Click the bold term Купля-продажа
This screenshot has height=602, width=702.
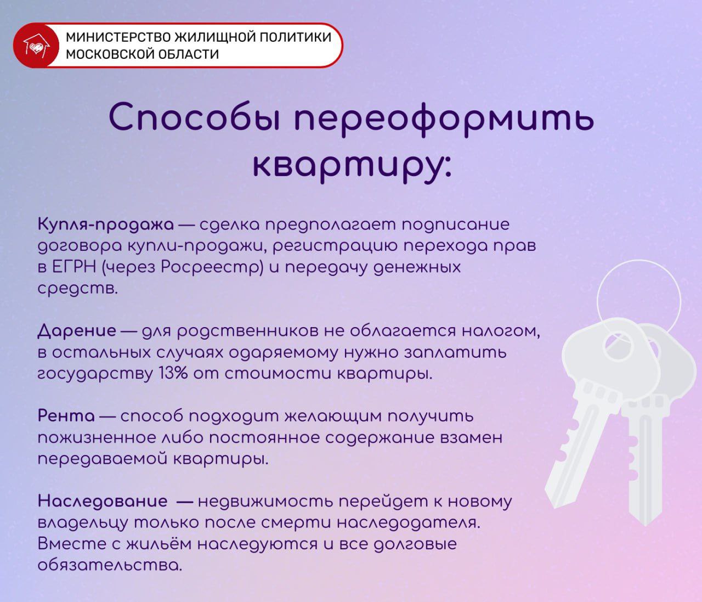106,224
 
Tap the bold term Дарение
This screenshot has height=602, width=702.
77,331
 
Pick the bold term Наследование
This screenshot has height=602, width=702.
103,501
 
